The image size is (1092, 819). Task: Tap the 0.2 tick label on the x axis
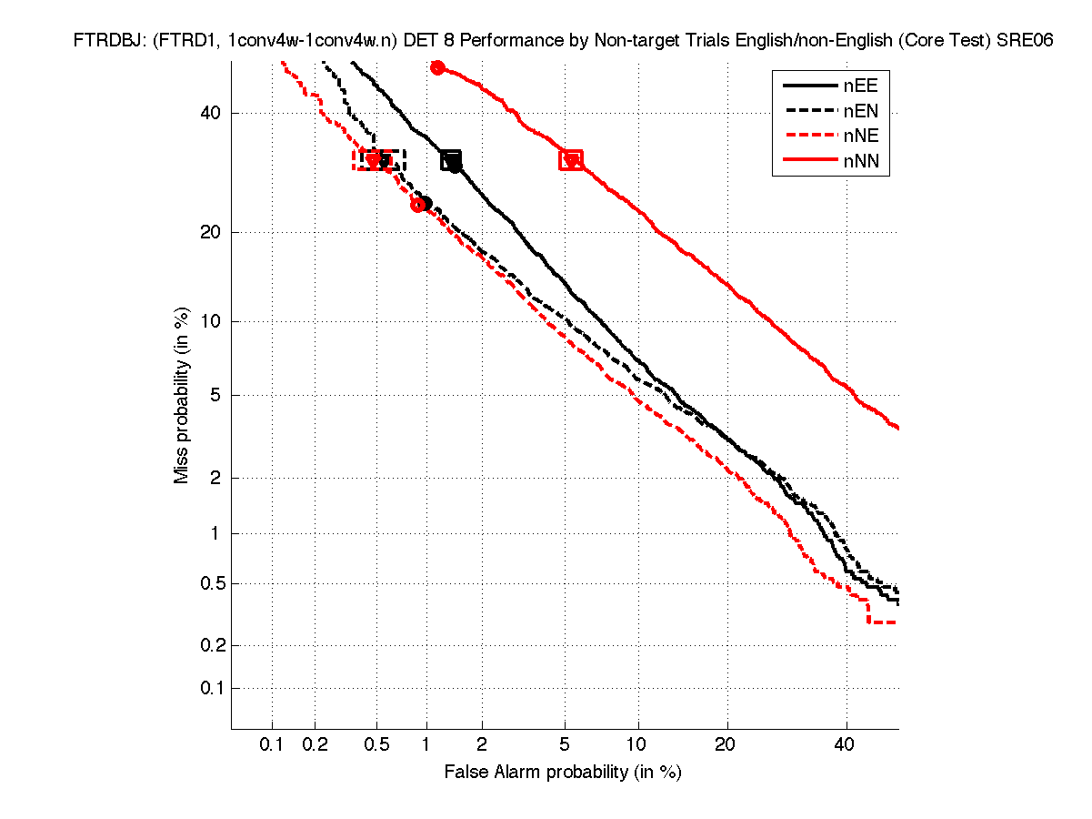315,744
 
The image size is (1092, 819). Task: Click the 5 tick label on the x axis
565,744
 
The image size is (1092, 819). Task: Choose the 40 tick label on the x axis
846,744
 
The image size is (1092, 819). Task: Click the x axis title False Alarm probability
563,772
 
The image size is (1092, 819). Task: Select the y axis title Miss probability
182,394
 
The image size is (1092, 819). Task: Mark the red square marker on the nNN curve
571,160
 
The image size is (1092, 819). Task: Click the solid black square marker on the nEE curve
451,161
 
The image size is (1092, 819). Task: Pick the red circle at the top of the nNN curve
437,67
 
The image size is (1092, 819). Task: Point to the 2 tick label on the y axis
214,478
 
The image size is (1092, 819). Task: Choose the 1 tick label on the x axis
426,744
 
